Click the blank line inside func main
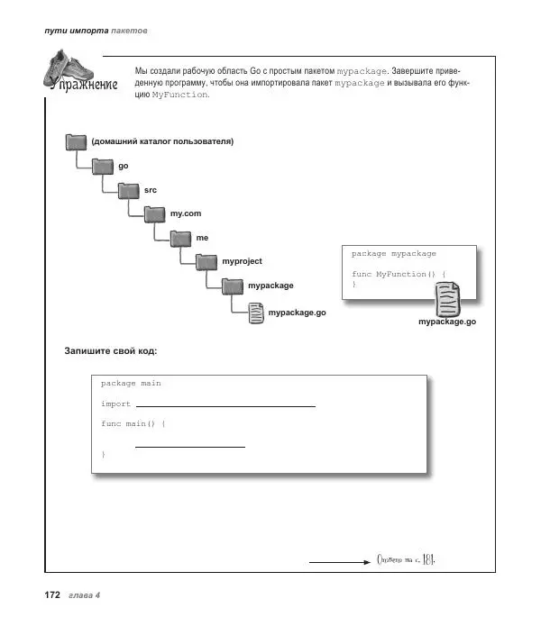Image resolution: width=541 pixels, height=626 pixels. pyautogui.click(x=190, y=446)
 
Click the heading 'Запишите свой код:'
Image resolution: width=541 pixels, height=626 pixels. pyautogui.click(x=117, y=349)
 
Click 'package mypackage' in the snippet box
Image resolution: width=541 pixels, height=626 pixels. pyautogui.click(x=393, y=254)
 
